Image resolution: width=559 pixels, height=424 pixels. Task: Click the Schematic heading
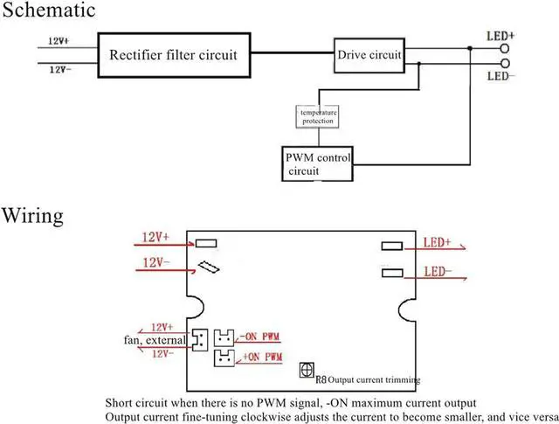49,10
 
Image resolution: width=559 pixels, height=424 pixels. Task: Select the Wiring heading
33,216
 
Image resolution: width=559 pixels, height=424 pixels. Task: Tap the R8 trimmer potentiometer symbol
307,370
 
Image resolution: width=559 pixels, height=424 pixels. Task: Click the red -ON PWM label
259,337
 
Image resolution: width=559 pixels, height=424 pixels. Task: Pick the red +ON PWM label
262,357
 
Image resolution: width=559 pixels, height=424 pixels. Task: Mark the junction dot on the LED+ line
470,48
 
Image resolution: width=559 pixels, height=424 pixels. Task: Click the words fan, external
155,340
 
